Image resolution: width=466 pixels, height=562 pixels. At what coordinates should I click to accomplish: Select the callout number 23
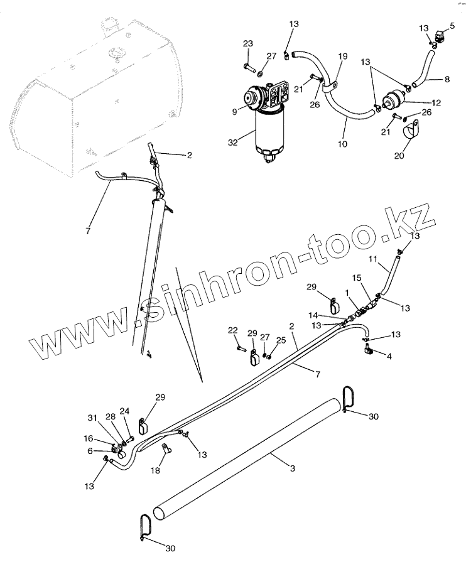pyautogui.click(x=247, y=43)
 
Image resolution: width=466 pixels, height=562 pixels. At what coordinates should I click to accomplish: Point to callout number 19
pyautogui.click(x=343, y=56)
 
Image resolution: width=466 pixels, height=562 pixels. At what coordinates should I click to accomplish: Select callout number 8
pyautogui.click(x=447, y=79)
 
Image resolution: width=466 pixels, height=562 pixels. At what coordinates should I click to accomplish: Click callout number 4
pyautogui.click(x=389, y=356)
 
